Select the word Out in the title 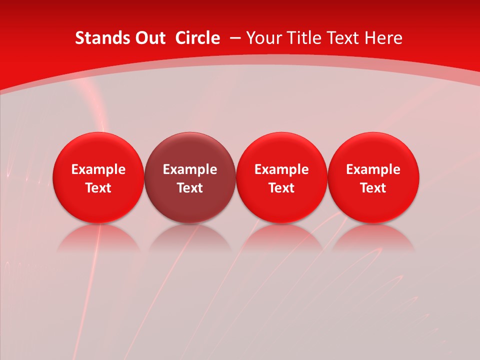(x=149, y=38)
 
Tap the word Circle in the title (x=197, y=38)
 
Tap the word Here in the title (x=383, y=38)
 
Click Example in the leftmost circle (x=98, y=169)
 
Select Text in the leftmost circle (x=98, y=188)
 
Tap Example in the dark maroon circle (x=190, y=169)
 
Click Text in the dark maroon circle (x=190, y=188)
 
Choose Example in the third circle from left (x=281, y=169)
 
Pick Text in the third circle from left (x=281, y=188)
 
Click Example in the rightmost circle (x=373, y=169)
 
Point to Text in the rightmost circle (x=373, y=188)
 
